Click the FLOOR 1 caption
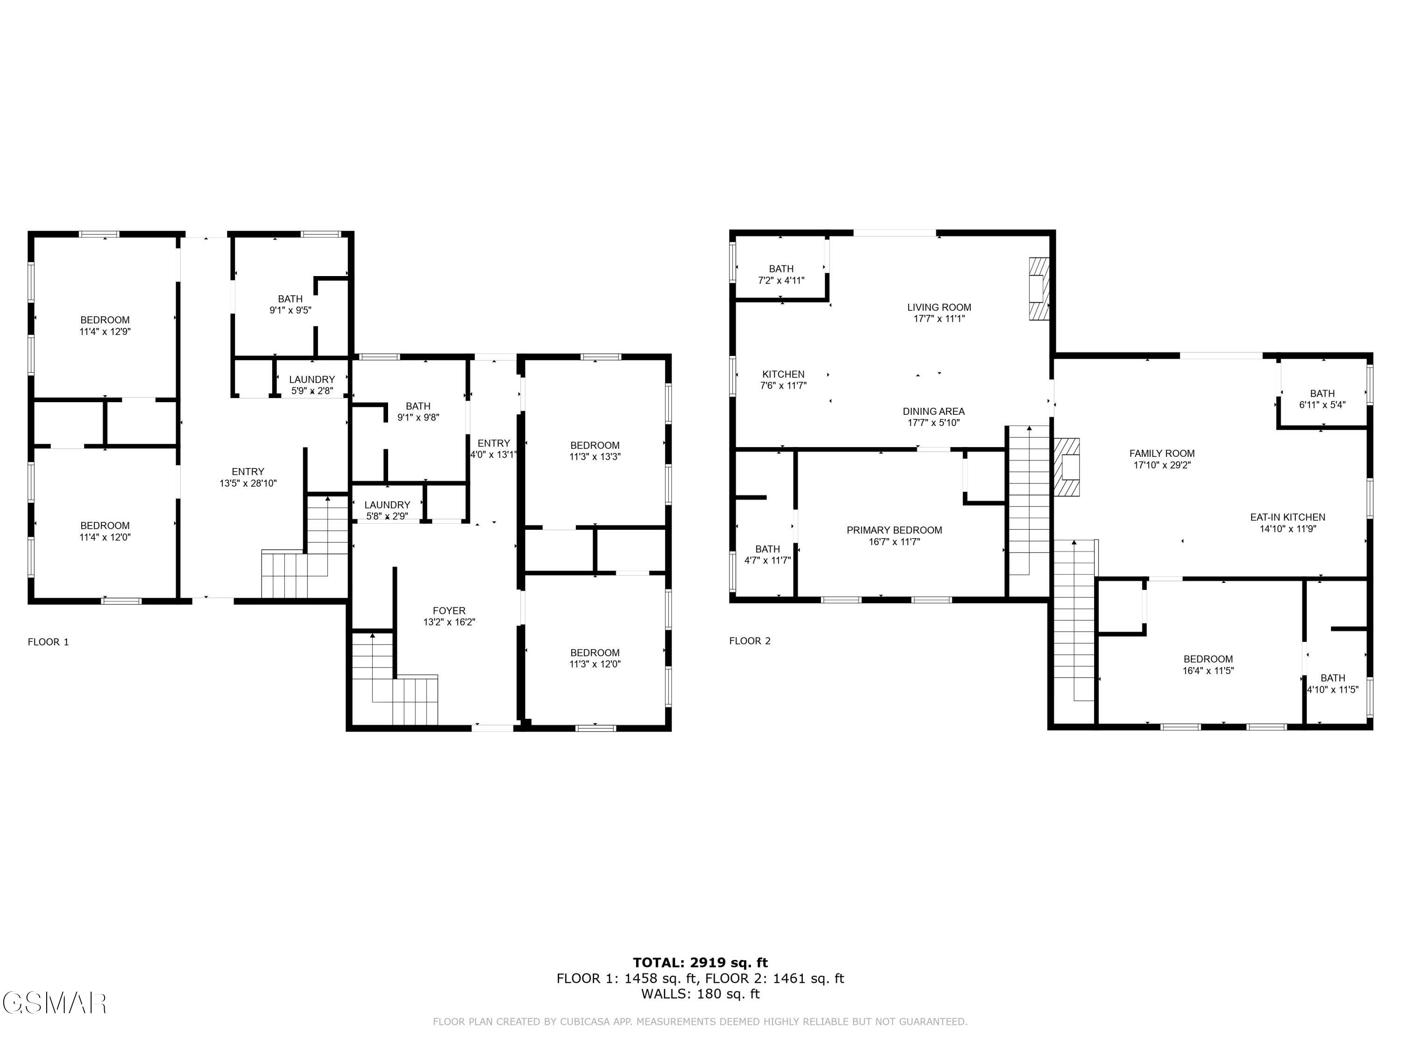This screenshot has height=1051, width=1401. pos(48,642)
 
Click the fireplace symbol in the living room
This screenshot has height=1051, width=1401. pos(1038,288)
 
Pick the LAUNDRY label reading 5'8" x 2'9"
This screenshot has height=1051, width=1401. pos(387,510)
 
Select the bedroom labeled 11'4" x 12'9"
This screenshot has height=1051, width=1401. pos(105,325)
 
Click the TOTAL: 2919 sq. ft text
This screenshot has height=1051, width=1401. pos(700,963)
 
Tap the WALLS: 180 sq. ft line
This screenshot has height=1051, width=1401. pos(700,994)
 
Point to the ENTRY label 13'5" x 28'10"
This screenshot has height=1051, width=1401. pos(248,477)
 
